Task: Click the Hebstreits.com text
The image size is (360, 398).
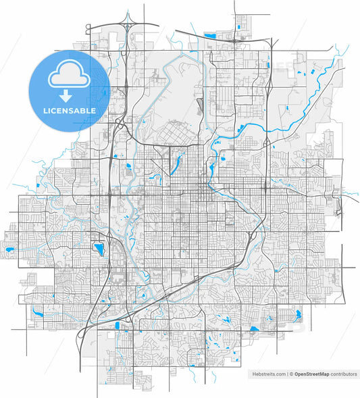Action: [268, 373]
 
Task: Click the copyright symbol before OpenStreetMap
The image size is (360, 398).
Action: [291, 373]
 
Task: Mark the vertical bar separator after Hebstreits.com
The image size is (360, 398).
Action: [286, 373]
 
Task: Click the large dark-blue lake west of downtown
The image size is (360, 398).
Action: [99, 250]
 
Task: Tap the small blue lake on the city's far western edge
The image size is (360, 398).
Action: [9, 250]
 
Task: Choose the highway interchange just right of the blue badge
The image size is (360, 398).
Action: [119, 125]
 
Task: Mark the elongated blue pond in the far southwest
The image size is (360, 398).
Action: [38, 312]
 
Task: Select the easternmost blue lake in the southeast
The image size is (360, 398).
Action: [295, 314]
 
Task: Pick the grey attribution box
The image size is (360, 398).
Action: [303, 373]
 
